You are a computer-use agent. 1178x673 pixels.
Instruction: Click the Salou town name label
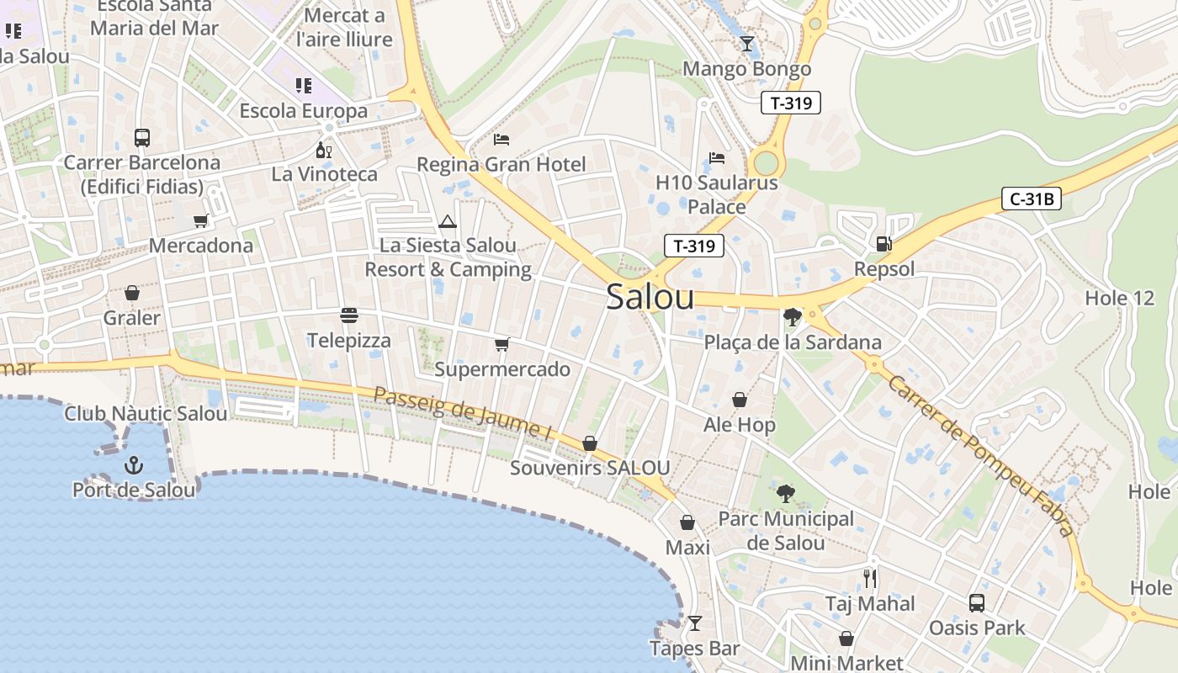650,298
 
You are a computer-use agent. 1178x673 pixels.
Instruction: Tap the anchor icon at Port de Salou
133,464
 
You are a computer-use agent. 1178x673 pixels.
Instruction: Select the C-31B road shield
1032,199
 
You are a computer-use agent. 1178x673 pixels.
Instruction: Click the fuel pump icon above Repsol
883,244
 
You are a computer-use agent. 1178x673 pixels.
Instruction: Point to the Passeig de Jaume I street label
462,415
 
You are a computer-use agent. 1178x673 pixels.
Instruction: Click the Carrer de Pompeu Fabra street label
981,455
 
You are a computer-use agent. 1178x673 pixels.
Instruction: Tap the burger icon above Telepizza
349,315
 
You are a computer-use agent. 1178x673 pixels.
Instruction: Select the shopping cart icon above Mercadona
200,220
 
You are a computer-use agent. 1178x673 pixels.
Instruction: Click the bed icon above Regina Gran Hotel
501,139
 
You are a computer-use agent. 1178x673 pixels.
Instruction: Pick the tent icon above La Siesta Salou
447,221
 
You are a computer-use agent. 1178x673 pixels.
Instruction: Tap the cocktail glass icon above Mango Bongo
746,44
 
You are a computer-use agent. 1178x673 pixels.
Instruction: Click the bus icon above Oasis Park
976,602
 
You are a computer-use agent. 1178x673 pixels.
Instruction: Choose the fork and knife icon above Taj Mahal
870,579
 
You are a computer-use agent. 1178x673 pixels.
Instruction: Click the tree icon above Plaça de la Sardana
791,317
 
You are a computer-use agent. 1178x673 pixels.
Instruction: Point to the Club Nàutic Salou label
146,414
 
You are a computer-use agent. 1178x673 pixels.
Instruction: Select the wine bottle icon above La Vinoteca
323,151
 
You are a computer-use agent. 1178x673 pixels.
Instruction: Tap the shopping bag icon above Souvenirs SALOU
590,443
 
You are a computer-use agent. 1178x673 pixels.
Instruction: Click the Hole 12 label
1119,298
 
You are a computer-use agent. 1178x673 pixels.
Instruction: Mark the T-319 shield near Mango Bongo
790,103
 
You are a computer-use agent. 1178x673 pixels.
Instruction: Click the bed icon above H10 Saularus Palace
717,157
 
